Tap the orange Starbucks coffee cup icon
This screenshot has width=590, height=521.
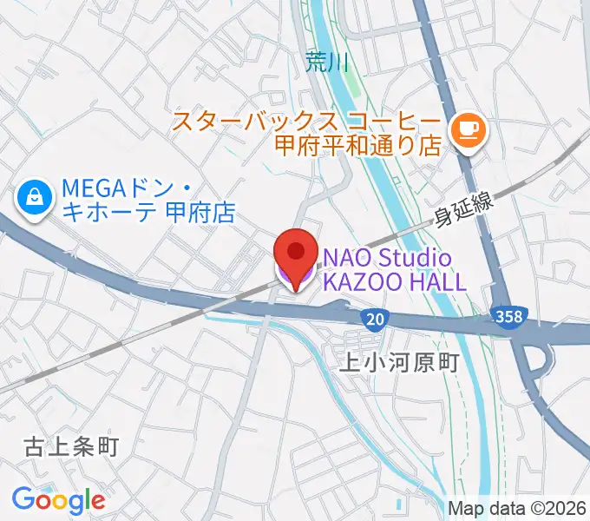tap(469, 130)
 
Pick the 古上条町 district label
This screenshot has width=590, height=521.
tap(70, 447)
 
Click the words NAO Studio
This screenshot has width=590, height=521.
tap(388, 258)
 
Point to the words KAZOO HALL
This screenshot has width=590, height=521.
tap(395, 281)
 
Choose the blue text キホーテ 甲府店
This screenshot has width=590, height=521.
tap(148, 213)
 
